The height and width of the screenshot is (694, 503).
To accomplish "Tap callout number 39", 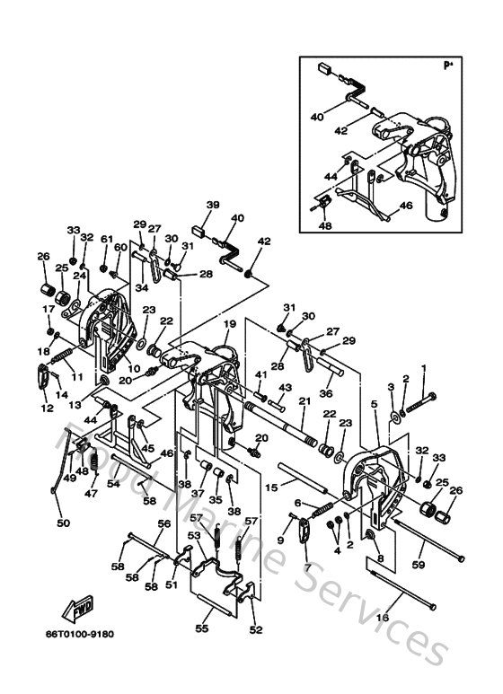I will coord(212,206).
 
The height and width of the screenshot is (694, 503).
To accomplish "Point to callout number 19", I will coord(229,323).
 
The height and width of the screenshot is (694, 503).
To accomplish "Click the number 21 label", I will coord(304,400).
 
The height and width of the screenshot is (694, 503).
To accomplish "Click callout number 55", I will coord(202,629).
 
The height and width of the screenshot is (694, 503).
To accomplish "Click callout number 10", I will coord(132,369).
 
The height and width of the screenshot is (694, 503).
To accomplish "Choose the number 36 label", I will coord(325,391).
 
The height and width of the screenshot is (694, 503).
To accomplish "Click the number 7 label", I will coord(307,567).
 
